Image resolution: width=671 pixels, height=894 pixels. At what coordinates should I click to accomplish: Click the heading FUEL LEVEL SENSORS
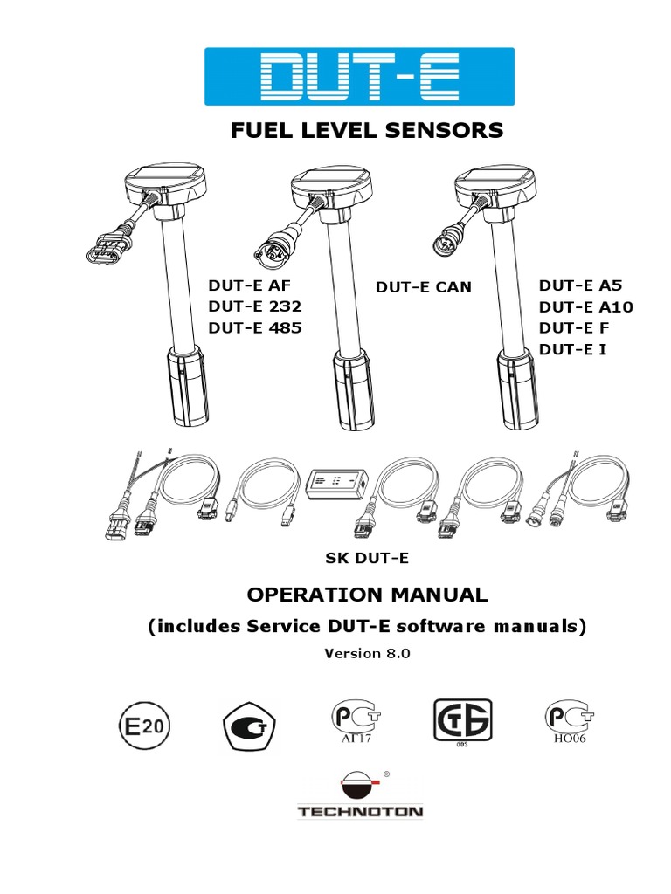tap(366, 131)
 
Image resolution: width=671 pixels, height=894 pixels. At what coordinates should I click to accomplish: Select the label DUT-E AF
tap(247, 285)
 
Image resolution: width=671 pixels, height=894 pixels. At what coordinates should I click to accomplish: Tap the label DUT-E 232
tap(254, 306)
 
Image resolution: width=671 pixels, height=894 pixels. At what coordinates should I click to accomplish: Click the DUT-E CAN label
tap(423, 287)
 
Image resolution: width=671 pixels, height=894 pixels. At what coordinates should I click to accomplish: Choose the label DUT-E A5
tap(580, 285)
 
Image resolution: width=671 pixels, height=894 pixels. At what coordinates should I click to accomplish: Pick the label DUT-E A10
tap(585, 306)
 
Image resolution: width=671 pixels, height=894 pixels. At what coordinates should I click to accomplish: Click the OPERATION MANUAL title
tap(366, 595)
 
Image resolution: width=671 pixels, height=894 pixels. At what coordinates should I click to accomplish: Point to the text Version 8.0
tap(366, 653)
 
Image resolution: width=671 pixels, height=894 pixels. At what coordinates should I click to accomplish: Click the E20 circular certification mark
tap(140, 726)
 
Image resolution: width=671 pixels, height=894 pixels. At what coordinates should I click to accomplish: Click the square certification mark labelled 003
tap(462, 721)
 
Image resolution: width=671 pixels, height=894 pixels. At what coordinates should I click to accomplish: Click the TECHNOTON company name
tap(360, 812)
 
